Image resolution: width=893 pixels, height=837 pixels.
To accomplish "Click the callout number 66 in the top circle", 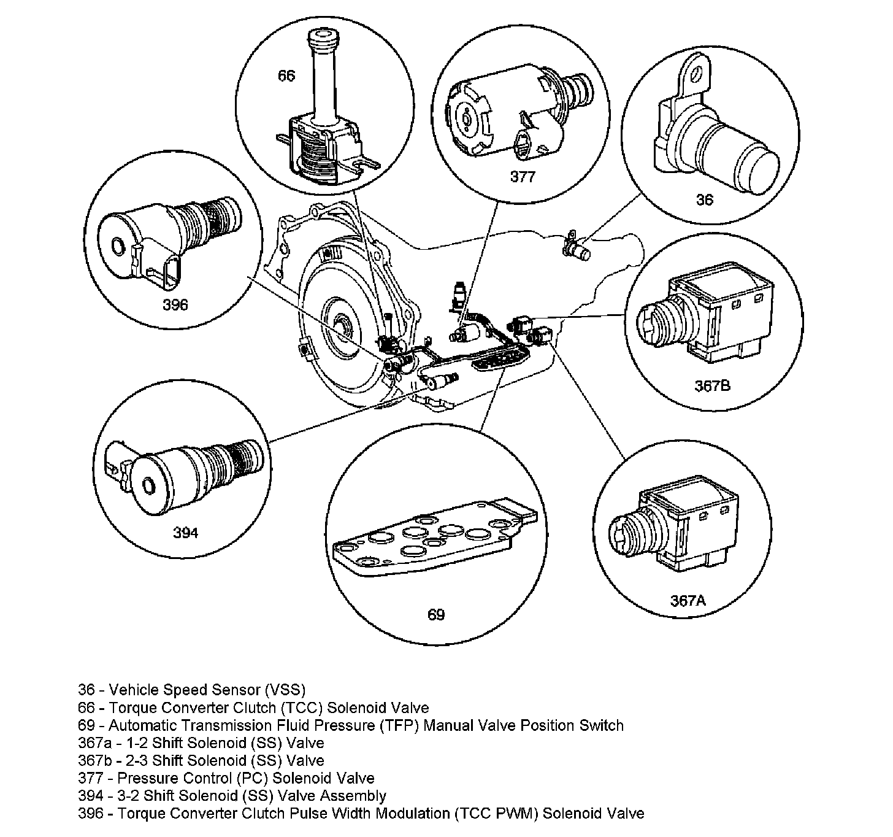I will pos(286,75).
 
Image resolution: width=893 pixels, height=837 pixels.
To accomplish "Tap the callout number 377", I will pos(523,177).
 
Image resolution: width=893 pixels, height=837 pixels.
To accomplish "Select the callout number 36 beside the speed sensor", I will pos(705,199).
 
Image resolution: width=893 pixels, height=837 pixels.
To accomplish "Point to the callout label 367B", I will pos(712,386).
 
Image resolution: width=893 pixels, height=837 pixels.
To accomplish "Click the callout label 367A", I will pos(688,600).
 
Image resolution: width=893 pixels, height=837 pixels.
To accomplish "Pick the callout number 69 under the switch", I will pos(435,614).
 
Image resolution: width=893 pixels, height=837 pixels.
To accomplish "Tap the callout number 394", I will pos(185,533).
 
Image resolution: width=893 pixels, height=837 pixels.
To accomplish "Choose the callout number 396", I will pos(175,304).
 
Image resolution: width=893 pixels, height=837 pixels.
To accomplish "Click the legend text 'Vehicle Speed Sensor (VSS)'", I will pos(207,689).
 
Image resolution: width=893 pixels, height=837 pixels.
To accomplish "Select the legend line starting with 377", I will pos(226,778).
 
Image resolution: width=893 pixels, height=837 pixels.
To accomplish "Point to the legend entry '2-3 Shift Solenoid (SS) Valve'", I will pos(238,760).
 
